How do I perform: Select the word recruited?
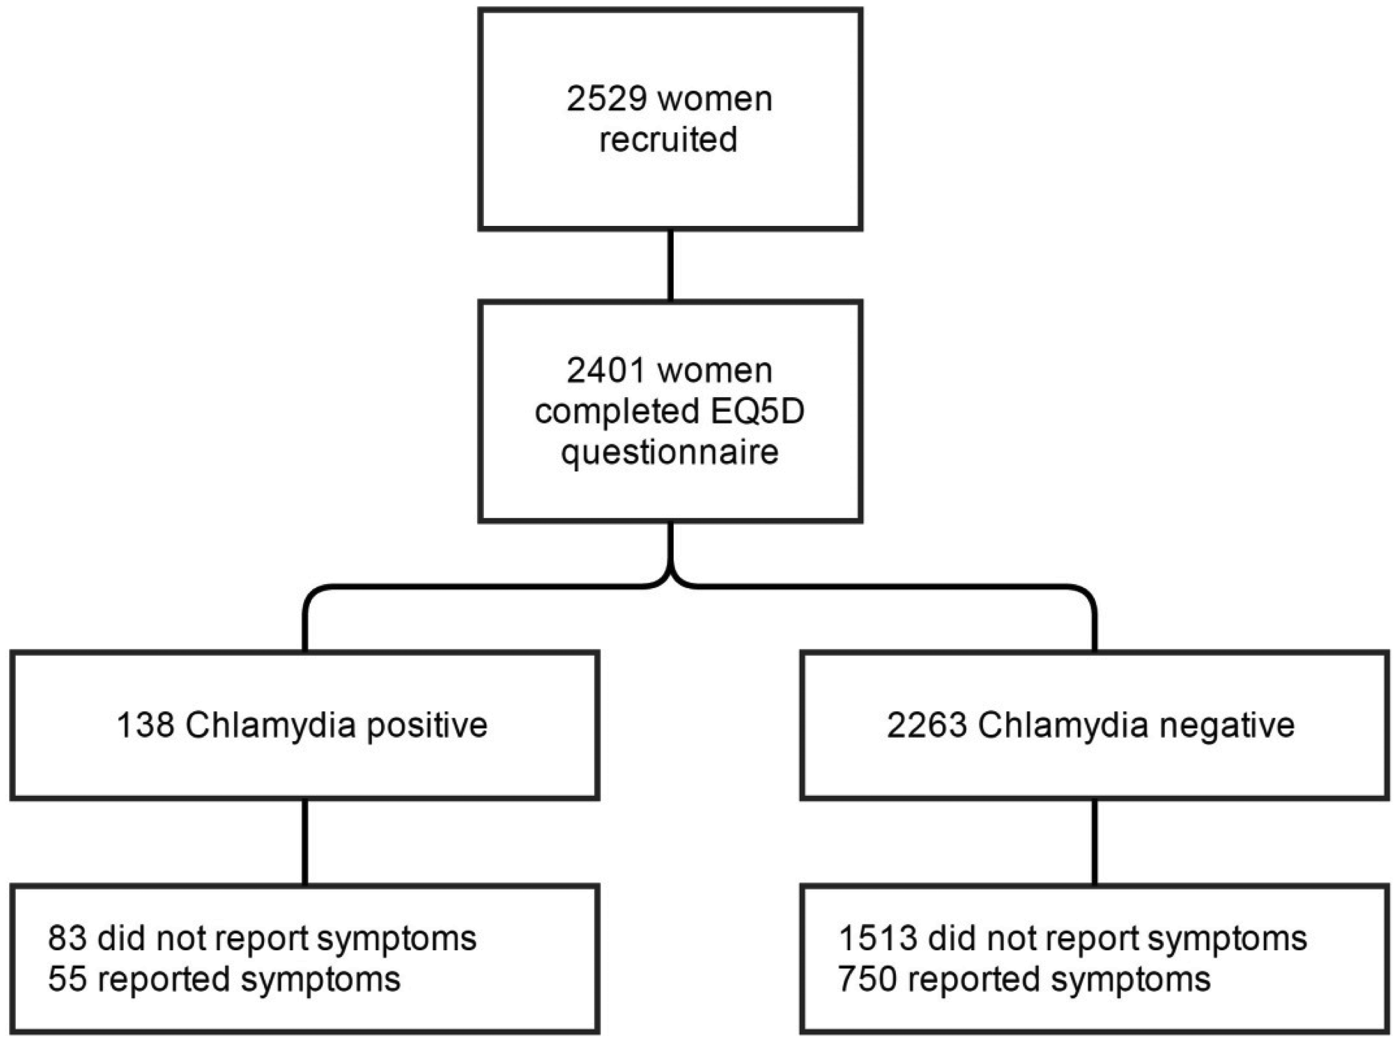pos(668,139)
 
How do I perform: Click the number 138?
pos(146,725)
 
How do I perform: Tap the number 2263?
pos(927,725)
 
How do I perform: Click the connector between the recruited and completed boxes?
pos(670,266)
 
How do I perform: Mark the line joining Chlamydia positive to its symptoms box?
pos(305,842)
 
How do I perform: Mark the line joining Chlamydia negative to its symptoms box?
pos(1094,842)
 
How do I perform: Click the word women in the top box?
pos(714,100)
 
